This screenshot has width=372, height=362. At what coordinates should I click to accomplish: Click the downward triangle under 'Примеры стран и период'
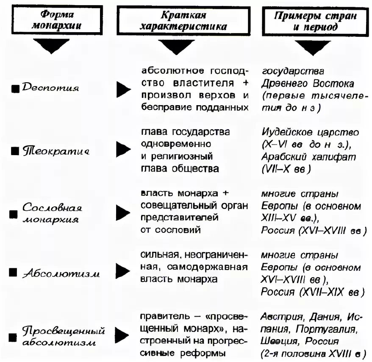pyautogui.click(x=314, y=46)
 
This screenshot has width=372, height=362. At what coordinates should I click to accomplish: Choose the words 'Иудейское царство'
pyautogui.click(x=311, y=132)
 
